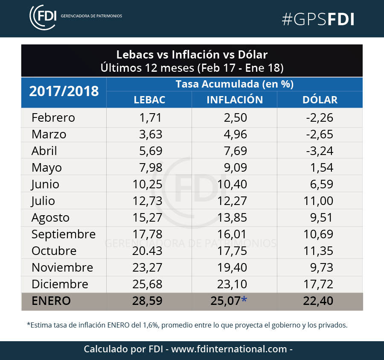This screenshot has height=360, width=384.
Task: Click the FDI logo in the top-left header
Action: [x=43, y=17]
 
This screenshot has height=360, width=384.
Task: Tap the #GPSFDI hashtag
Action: [x=318, y=19]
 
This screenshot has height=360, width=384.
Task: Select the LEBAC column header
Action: [x=149, y=100]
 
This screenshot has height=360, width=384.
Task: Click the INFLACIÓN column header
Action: [x=235, y=100]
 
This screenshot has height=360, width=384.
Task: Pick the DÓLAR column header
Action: [x=320, y=100]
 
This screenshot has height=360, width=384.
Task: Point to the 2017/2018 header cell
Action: [x=64, y=91]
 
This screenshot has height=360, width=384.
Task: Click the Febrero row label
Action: [x=53, y=117]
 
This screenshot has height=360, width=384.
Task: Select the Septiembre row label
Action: [x=64, y=234]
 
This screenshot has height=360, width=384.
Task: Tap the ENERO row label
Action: [x=51, y=301]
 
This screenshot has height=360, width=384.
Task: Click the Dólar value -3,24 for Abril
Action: [x=320, y=151]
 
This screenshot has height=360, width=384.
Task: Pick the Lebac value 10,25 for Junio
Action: [x=148, y=184]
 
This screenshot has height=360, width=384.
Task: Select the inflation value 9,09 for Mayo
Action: [x=236, y=168]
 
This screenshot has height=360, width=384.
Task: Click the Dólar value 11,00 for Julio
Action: [x=318, y=201]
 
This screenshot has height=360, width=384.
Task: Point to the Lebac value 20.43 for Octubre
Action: [x=148, y=251]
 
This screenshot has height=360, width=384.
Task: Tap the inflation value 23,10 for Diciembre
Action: [x=232, y=284]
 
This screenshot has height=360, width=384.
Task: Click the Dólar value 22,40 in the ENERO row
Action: [x=318, y=301]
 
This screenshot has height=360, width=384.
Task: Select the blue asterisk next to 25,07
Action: [x=244, y=299]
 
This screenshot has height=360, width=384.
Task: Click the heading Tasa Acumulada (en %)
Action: [x=235, y=84]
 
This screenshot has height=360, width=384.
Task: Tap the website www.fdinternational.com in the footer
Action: [x=229, y=349]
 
